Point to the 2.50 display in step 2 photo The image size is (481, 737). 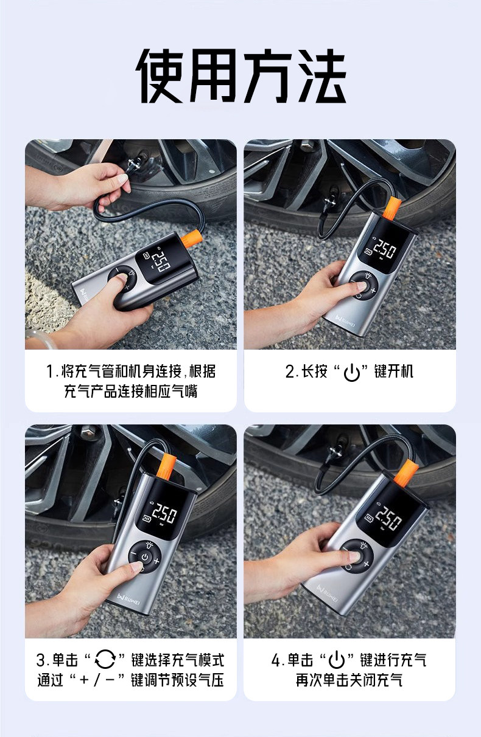click(x=384, y=250)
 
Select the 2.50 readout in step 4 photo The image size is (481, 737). click(x=388, y=519)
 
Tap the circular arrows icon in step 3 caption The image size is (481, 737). click(x=105, y=659)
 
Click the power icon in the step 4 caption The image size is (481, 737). click(x=337, y=659)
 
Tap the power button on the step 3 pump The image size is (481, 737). click(x=146, y=557)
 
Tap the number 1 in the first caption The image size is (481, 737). click(x=51, y=372)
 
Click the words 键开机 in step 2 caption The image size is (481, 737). click(x=393, y=372)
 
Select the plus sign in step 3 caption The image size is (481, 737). click(x=85, y=679)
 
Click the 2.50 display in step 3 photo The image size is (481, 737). click(x=164, y=514)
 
